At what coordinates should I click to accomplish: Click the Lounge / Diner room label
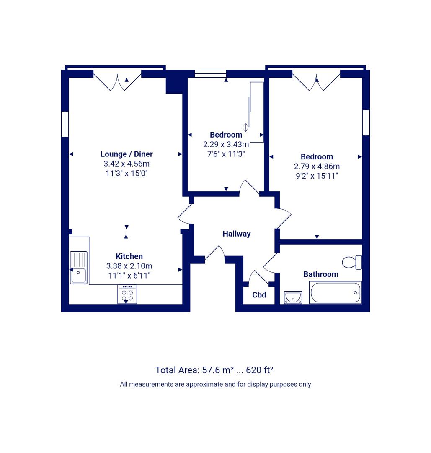126,154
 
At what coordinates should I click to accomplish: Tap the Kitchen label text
129,256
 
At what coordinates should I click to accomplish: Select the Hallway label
237,234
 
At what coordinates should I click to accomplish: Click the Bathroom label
321,274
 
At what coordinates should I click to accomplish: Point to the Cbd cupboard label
259,295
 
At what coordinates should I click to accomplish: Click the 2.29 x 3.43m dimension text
226,144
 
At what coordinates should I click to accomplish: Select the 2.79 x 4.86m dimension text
317,167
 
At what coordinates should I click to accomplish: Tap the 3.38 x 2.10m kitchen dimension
129,266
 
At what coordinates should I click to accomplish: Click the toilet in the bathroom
352,262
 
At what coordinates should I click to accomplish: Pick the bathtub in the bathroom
335,292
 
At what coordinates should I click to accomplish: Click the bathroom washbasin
293,297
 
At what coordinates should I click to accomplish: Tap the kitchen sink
78,267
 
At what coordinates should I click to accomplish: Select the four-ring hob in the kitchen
127,294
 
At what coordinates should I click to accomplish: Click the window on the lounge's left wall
65,124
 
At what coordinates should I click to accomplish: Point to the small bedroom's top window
210,74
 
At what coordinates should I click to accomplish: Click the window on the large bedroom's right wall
366,123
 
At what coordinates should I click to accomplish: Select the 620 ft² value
259,370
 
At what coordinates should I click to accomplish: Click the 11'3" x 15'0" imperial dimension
126,173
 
